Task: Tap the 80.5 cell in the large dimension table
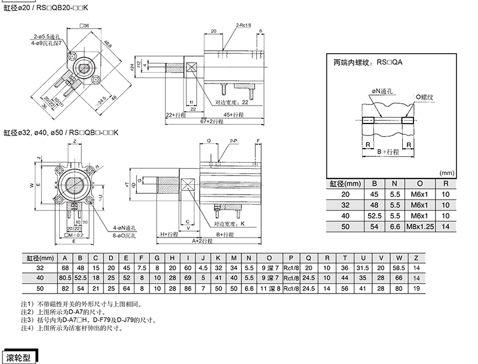(x=65, y=277)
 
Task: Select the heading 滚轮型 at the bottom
(x=21, y=358)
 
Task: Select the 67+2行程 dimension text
(x=211, y=121)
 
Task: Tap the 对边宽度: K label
(x=226, y=223)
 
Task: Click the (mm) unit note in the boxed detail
(x=447, y=172)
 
